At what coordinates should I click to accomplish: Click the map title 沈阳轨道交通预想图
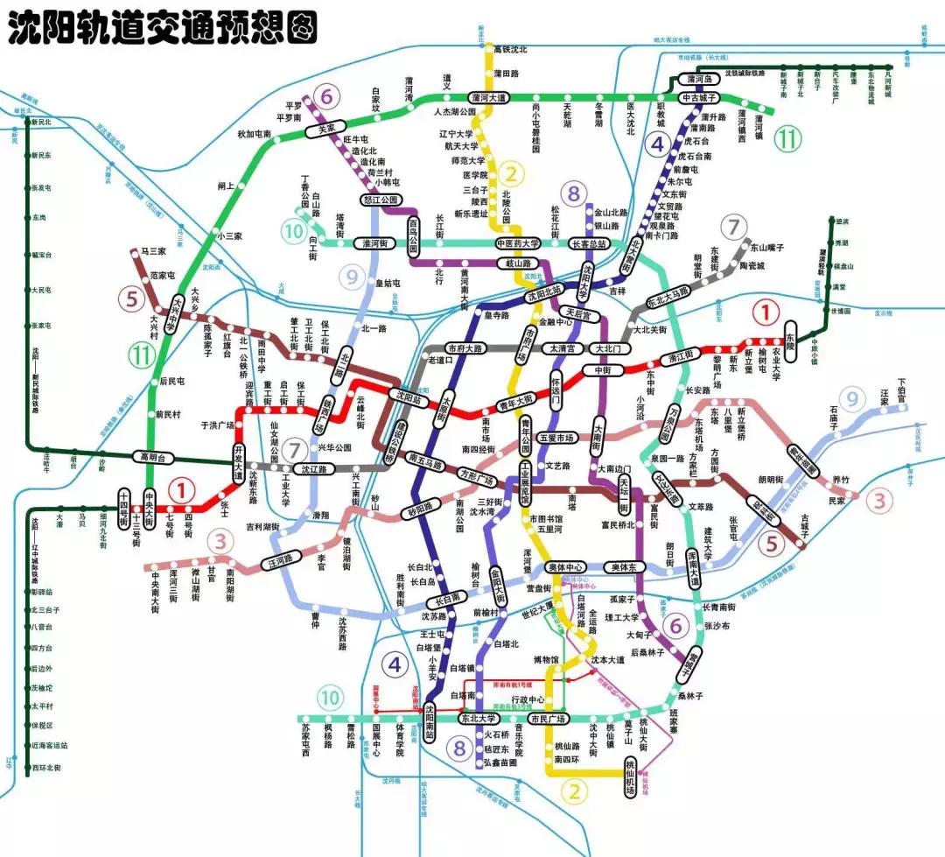[161, 28]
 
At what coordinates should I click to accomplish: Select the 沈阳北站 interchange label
[545, 296]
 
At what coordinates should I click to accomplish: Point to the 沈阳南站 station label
[430, 722]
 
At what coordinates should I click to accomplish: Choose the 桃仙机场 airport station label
[629, 777]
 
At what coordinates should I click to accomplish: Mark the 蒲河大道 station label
[487, 97]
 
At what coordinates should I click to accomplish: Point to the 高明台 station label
[154, 457]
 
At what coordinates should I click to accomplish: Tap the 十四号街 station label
[124, 508]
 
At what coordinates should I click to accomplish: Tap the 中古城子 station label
[700, 98]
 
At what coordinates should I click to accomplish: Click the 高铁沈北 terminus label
[511, 49]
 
